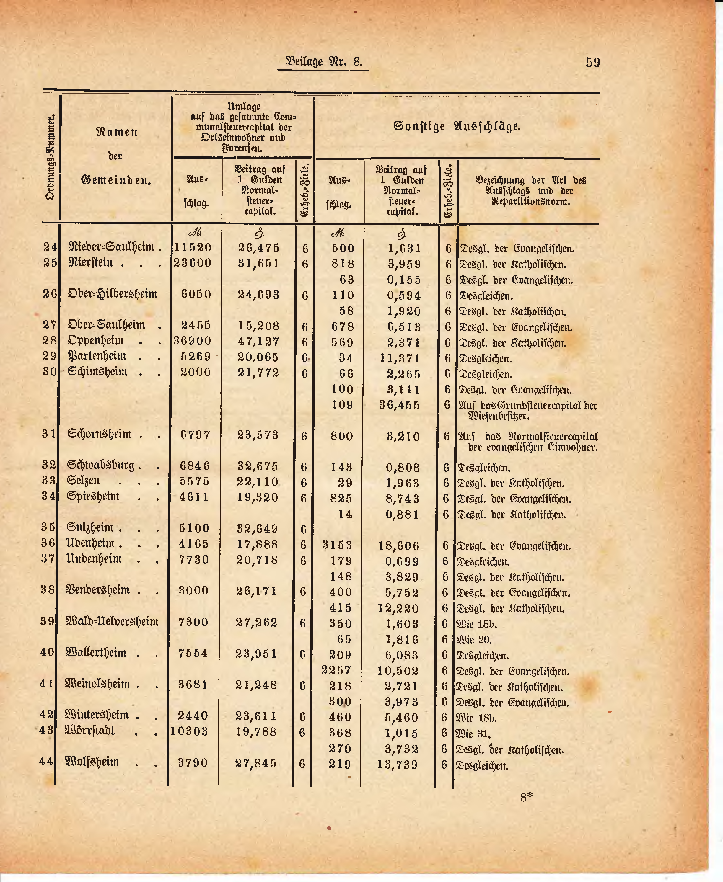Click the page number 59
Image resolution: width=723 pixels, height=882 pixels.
(593, 63)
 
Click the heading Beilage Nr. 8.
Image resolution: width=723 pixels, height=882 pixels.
(324, 62)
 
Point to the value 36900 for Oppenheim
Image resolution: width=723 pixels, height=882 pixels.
(192, 341)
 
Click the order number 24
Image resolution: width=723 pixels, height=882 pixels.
(51, 247)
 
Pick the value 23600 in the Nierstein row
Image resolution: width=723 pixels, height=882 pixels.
(193, 263)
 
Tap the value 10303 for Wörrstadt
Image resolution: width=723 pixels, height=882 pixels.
(190, 731)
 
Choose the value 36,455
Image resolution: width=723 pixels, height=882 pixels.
(399, 405)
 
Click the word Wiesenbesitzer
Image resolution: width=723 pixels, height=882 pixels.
(499, 416)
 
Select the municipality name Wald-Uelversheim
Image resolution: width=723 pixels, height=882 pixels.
(112, 622)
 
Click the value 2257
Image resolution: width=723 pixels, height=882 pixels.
(336, 670)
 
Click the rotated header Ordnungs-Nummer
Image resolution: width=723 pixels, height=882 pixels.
(51, 158)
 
